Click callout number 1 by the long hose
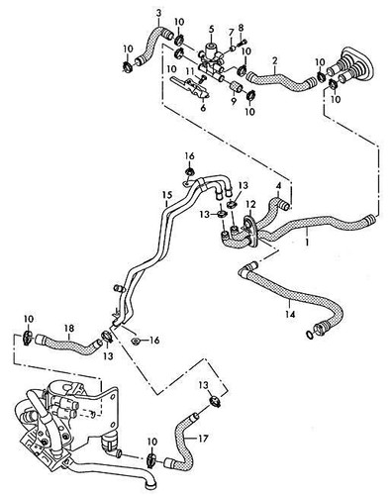coord(308,240)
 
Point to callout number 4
coord(279,185)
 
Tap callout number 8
coord(241,28)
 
